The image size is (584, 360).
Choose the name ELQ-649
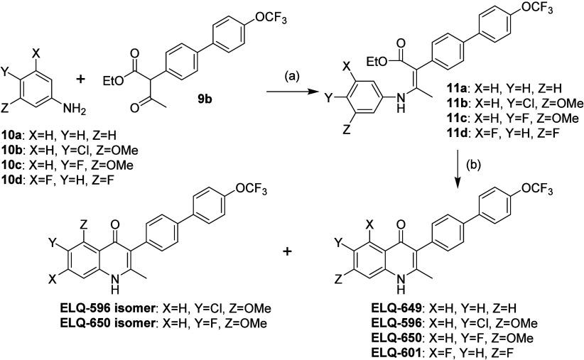coord(377,314)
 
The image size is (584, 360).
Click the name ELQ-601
coord(377,352)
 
